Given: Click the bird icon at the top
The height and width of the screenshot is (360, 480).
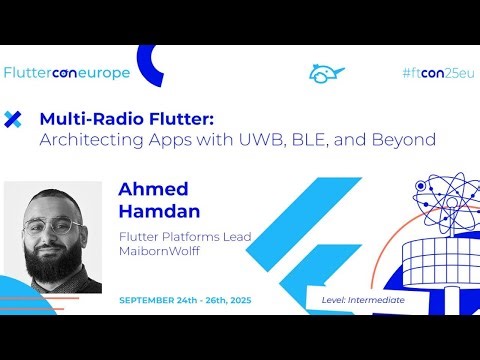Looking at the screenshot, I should (x=326, y=73).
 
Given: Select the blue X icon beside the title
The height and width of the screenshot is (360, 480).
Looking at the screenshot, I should (x=13, y=120).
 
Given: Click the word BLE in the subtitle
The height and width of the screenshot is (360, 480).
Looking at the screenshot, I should (x=310, y=140).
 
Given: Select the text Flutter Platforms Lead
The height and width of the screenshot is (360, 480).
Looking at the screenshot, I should (x=184, y=237).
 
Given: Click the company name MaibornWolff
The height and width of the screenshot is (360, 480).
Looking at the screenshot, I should (x=159, y=251).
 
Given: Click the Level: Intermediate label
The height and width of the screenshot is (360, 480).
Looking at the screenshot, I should (x=363, y=299).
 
